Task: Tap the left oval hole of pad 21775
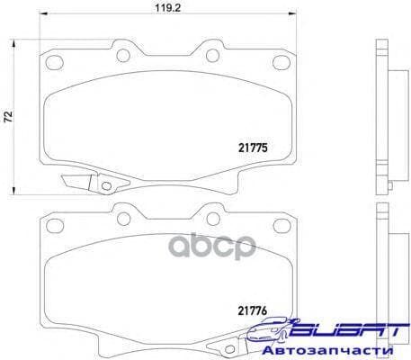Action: tap(56, 63)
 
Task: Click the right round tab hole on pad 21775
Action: tap(210, 56)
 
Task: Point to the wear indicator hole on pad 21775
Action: tap(105, 187)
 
